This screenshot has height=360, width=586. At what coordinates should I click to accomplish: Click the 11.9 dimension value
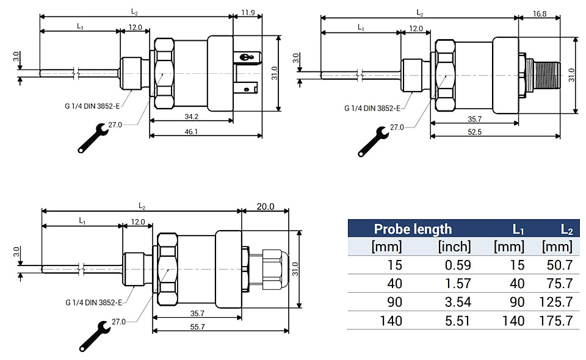coord(248,13)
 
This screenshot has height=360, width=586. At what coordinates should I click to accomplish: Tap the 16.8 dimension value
coord(539,14)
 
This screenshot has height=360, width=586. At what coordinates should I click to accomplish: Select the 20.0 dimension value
coord(266,206)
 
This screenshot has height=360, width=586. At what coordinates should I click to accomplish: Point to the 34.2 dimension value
coord(191,117)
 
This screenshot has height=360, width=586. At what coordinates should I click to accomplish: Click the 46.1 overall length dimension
coord(191,131)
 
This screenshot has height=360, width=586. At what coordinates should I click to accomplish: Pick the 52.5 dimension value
coord(475,132)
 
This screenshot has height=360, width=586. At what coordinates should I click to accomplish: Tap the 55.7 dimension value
coord(198,327)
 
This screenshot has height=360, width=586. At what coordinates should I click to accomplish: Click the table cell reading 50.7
coord(560,265)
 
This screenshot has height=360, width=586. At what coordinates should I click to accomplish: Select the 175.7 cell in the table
coord(555,320)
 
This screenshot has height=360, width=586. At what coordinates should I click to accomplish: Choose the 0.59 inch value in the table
coord(458,265)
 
